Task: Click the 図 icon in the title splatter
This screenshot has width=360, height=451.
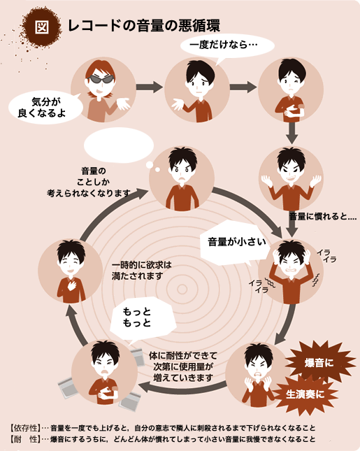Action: [x=42, y=27]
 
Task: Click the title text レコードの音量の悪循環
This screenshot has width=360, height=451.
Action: [x=144, y=26]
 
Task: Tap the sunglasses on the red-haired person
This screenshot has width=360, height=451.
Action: [x=100, y=79]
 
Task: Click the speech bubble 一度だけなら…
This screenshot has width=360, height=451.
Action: [x=227, y=46]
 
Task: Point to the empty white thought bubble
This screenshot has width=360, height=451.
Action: [x=119, y=145]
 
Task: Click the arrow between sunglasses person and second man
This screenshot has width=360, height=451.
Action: [x=150, y=87]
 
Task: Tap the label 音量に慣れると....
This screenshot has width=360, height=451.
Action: [x=322, y=216]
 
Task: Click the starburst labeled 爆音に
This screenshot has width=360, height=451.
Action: [x=319, y=363]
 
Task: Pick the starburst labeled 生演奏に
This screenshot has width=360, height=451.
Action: [x=305, y=394]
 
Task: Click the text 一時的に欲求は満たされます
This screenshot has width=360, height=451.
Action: [x=141, y=270]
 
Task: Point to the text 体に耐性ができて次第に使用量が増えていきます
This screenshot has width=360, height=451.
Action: [x=183, y=366]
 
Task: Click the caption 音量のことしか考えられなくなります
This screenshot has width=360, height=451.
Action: [x=89, y=182]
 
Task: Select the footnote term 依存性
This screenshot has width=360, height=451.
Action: [x=26, y=428]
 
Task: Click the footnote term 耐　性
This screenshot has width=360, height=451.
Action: [x=26, y=439]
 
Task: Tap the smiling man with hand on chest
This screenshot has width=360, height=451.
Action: [x=71, y=271]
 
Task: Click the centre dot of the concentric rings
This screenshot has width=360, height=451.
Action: [x=182, y=289]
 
